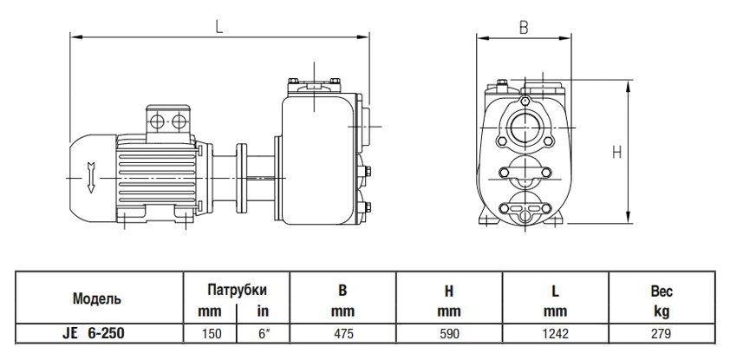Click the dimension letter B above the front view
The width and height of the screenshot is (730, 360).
pyautogui.click(x=523, y=26)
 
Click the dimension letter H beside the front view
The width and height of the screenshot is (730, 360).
pyautogui.click(x=616, y=152)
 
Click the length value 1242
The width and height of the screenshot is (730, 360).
pyautogui.click(x=556, y=331)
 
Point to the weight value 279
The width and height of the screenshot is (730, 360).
pyautogui.click(x=662, y=331)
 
